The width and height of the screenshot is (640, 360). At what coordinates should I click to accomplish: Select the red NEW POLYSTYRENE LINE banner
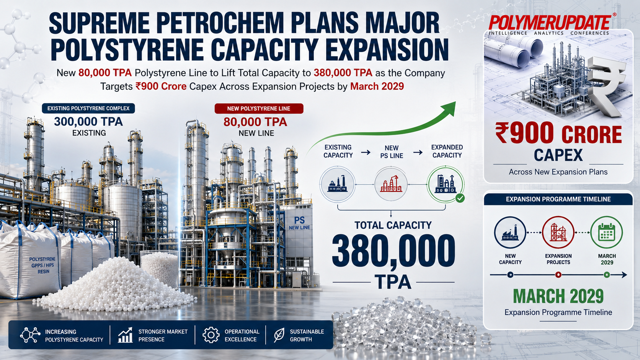(259, 109)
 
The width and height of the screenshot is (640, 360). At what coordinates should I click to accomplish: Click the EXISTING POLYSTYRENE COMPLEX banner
(88, 109)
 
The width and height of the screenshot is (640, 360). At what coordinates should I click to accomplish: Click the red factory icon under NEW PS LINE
(391, 184)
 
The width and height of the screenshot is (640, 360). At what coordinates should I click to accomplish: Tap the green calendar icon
(607, 232)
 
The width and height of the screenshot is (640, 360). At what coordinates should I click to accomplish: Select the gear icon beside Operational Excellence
(211, 335)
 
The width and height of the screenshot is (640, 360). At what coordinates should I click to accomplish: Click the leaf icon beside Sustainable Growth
(279, 335)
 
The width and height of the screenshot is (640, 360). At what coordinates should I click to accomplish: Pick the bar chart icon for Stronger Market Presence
(126, 335)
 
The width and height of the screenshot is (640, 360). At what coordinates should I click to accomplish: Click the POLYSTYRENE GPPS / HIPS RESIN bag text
(42, 265)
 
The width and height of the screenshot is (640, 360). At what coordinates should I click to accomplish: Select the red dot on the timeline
(558, 275)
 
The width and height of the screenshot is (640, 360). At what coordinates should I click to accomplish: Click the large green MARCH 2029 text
(558, 296)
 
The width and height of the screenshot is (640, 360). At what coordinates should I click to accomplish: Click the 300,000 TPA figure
(88, 122)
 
